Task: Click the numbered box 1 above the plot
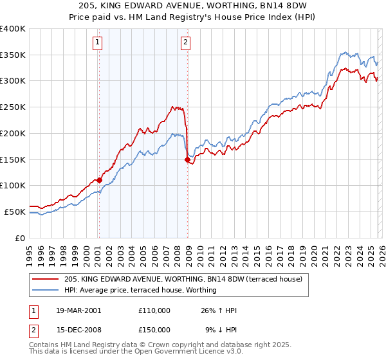tap(98, 43)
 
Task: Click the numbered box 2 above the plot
tap(185, 43)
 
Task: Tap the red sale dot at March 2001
tap(100, 180)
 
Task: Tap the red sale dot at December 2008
tap(187, 159)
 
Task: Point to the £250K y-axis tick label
tap(12, 107)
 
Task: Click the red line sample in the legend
tap(46, 278)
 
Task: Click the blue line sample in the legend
tap(46, 290)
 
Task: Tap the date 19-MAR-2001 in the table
tap(78, 310)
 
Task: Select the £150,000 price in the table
tap(154, 330)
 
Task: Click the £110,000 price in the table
tap(154, 310)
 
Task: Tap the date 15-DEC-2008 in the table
tap(78, 330)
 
